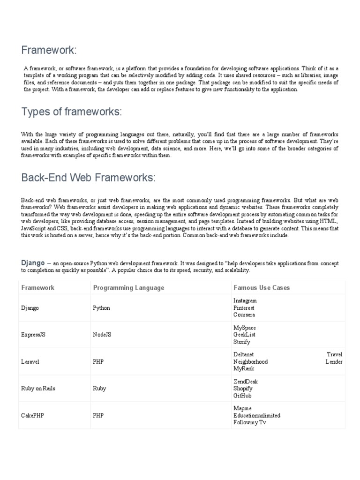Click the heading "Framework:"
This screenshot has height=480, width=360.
coord(49,50)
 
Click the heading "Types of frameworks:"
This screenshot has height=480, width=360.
coord(71,112)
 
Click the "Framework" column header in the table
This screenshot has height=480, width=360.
coord(37,287)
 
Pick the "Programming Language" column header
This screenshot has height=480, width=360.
coord(128,287)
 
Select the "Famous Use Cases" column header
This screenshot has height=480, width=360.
coord(262,287)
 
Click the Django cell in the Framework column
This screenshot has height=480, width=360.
coord(30,308)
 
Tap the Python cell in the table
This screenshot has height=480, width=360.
coord(102,308)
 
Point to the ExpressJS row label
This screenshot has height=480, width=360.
coord(34,335)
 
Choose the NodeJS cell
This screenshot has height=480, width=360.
coord(104,335)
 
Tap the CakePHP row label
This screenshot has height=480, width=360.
coord(33,415)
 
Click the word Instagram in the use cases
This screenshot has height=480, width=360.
coord(245,300)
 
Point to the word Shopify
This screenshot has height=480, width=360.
coord(243,389)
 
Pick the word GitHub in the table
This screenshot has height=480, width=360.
coord(242,396)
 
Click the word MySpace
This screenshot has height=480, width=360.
coord(244,328)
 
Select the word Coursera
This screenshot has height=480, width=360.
coord(244,315)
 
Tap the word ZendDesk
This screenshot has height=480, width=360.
coord(246,382)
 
